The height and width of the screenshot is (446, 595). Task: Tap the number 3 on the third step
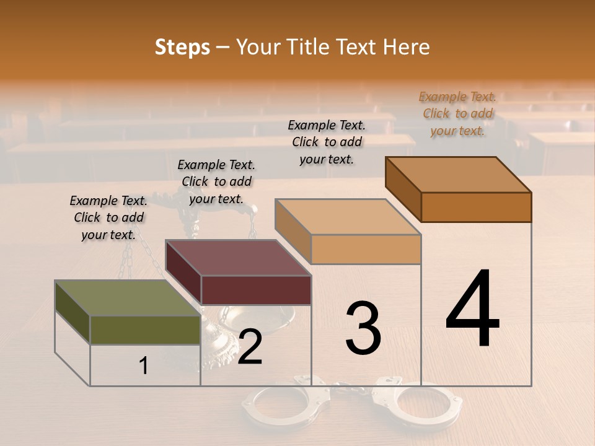(363, 328)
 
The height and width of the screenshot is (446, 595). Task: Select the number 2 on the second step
(250, 346)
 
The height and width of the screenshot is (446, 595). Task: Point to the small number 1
(143, 366)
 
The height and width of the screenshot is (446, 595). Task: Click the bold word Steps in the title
(182, 47)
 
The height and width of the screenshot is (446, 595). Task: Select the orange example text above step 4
(457, 114)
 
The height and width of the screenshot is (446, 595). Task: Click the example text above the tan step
(327, 142)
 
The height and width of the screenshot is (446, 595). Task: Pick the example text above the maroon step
(216, 181)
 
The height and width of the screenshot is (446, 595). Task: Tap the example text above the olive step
(108, 217)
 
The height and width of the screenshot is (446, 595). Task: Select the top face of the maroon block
(237, 257)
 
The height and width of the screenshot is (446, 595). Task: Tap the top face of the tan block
(348, 217)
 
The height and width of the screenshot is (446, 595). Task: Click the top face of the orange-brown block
(458, 174)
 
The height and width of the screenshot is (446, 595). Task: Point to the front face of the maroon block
(256, 290)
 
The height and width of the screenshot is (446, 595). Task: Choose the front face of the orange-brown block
(476, 207)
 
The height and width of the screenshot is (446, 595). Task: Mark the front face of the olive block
(145, 330)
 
